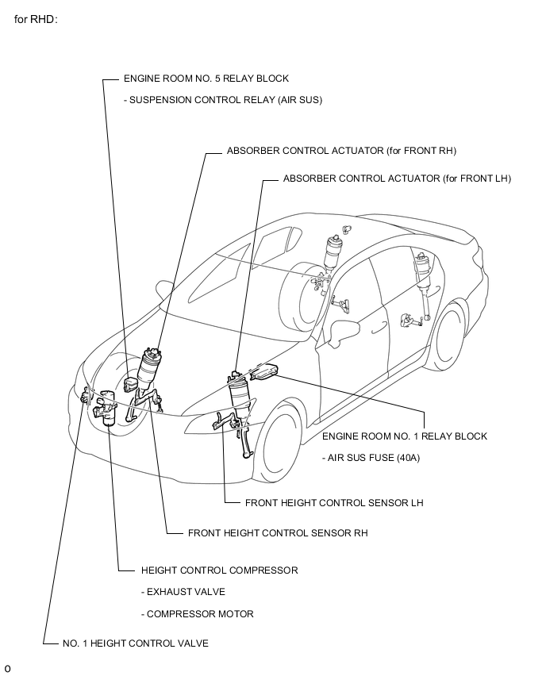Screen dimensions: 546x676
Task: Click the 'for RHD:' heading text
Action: click(36, 19)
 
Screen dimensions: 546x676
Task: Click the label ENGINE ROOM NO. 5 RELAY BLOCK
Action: click(206, 79)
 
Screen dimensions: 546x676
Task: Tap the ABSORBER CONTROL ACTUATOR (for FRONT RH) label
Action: click(341, 151)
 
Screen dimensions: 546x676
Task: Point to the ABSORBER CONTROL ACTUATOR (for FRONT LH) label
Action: click(398, 179)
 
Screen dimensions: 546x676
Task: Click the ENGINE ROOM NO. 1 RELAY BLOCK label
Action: click(405, 436)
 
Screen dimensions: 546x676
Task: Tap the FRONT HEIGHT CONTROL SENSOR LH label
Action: click(334, 503)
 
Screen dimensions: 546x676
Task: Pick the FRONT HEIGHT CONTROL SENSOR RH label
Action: click(278, 533)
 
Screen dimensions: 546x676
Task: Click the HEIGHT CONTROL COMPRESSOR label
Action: click(220, 570)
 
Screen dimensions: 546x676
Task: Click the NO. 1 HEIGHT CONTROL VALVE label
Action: click(136, 643)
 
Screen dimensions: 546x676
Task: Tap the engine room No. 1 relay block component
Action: click(264, 372)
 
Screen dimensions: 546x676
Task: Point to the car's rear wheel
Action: click(448, 336)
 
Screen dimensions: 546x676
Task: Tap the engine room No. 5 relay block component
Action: click(129, 384)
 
